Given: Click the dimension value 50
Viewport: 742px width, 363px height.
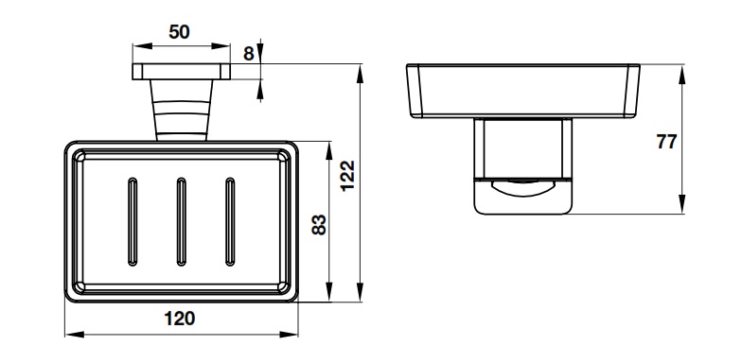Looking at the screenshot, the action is pos(179,32).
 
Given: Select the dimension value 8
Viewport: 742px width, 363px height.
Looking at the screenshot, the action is pos(248,54).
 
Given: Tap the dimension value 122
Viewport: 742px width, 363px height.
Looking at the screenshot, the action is pos(348,176).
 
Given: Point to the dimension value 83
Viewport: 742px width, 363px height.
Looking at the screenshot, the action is pos(320,225).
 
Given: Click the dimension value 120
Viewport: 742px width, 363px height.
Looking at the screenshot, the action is pos(180,319).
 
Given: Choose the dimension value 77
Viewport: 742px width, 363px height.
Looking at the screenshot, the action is pos(666,142).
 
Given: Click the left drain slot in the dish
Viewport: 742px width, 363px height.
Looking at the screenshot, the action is pos(132,221).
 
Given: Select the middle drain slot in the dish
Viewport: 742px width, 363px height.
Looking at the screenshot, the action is pos(182,221).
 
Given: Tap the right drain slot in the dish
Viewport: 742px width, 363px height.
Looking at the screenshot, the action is pos(230,221).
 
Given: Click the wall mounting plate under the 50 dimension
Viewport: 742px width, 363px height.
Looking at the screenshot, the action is pos(182,72).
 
